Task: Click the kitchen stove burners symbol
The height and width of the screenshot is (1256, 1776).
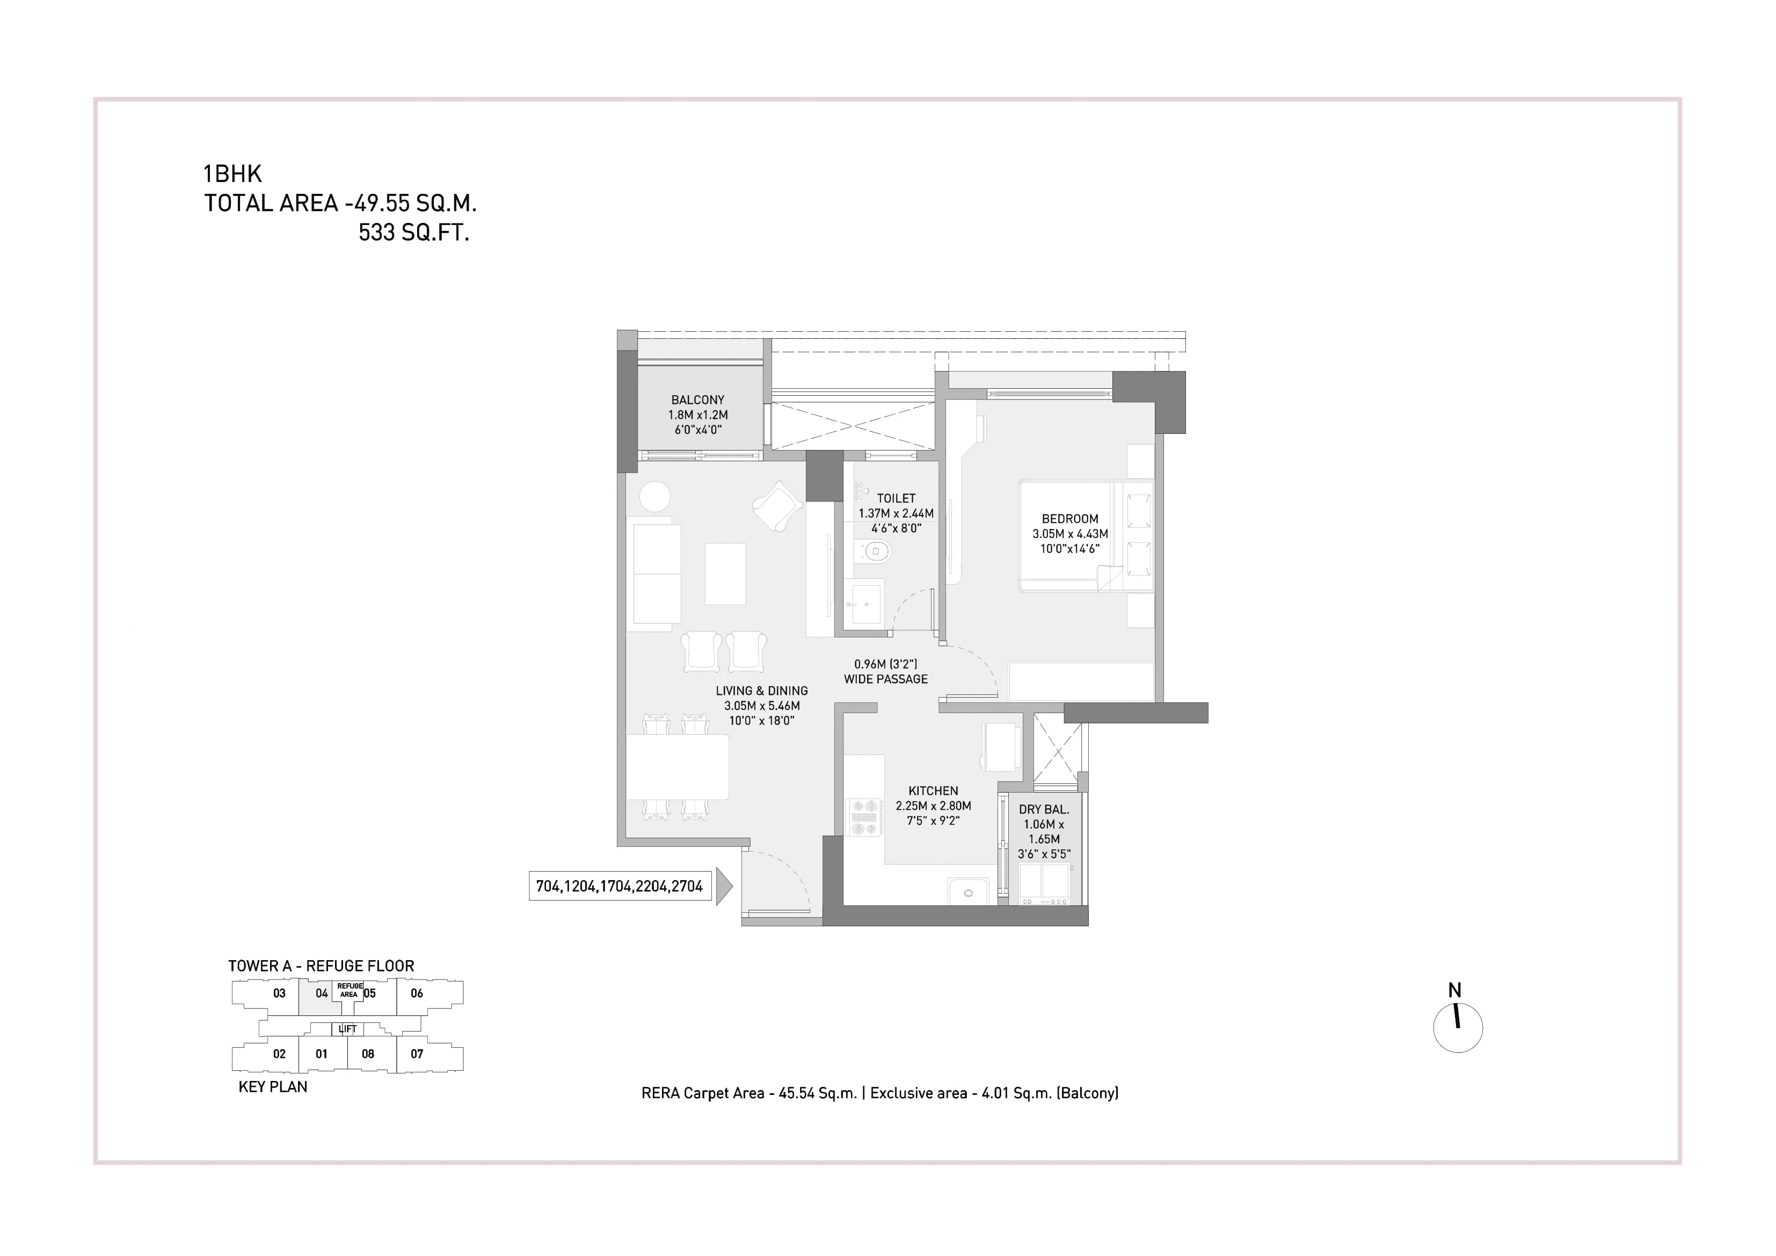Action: point(865,817)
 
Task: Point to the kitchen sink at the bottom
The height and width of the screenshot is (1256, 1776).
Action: point(967,891)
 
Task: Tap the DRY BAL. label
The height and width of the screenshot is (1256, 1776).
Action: point(1044,809)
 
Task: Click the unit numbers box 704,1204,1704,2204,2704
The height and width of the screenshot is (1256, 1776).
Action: point(619,886)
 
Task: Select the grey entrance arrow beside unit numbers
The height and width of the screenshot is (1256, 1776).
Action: point(723,886)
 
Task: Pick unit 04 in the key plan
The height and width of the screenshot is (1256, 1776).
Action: point(321,993)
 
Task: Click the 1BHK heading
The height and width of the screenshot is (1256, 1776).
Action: point(232,173)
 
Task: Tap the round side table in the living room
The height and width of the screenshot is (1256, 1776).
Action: point(655,497)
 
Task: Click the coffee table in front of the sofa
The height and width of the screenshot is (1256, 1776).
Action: point(725,573)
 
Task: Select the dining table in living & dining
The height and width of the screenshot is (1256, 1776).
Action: point(677,767)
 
